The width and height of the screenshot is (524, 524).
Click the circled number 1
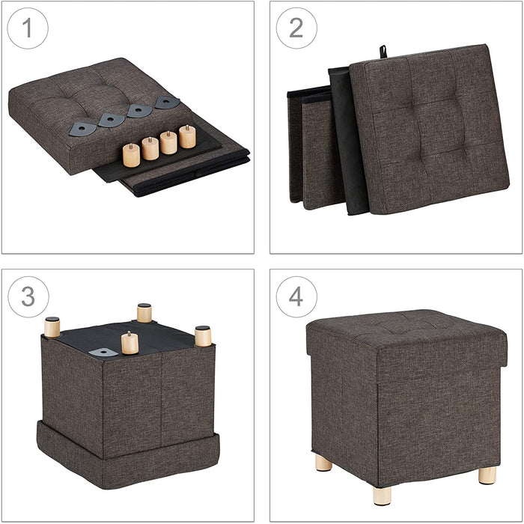[28, 28]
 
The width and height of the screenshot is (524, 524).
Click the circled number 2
[296, 28]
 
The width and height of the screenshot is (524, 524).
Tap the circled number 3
[28, 296]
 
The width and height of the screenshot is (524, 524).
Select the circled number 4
[296, 296]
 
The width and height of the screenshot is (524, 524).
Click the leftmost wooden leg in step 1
[131, 155]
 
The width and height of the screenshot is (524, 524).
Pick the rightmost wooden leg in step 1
[187, 136]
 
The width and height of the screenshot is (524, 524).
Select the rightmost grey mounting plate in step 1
[166, 102]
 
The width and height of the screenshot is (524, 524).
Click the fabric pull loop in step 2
[383, 51]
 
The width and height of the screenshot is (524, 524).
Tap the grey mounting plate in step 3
[103, 351]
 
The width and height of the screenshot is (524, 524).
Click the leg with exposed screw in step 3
[130, 343]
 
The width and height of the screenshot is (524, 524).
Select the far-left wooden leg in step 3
[52, 327]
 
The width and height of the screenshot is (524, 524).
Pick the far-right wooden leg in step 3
[203, 336]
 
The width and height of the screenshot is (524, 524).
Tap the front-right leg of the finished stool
[487, 475]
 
